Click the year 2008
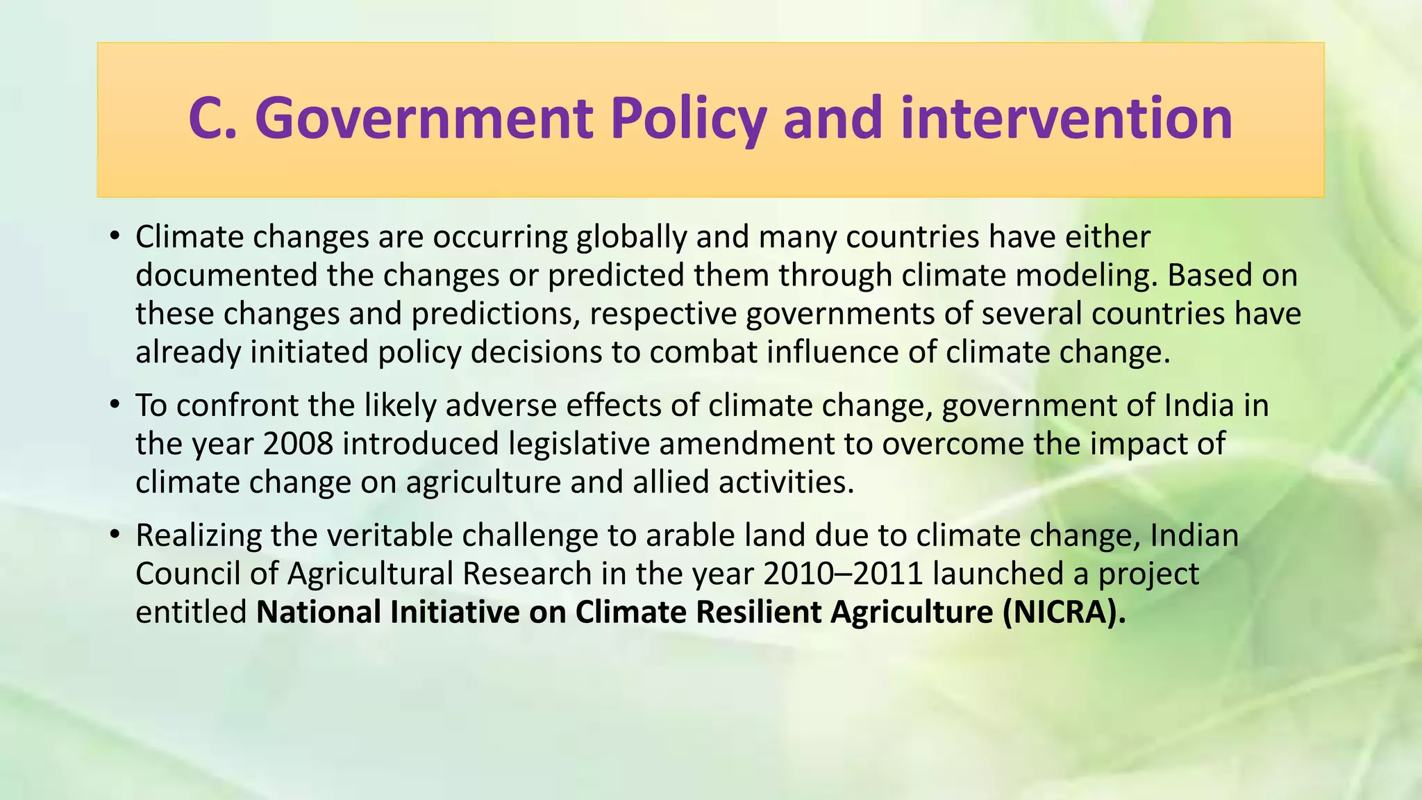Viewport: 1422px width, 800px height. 299,444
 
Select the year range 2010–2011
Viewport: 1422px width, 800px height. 842,574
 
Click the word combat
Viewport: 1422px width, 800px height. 703,352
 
